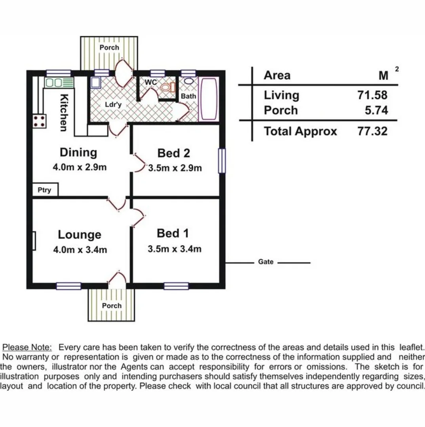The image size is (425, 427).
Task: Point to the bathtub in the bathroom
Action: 208,99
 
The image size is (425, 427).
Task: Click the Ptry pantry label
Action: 45,190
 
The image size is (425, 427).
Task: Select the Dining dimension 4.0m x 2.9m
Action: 80,167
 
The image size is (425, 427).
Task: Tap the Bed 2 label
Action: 174,153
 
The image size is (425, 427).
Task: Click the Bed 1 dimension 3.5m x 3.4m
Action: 175,249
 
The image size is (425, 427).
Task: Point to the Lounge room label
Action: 80,234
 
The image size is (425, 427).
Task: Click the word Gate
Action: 265,262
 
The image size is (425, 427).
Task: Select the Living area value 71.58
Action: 372,95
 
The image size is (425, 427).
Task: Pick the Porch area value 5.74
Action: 376,110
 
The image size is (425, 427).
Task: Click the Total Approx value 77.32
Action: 372,131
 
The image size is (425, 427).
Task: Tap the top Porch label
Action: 109,47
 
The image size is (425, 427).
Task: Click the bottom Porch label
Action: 112,306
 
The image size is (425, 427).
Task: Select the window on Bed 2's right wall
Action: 222,161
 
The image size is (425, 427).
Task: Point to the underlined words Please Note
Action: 27,347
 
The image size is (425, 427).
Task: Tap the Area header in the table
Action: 277,75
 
